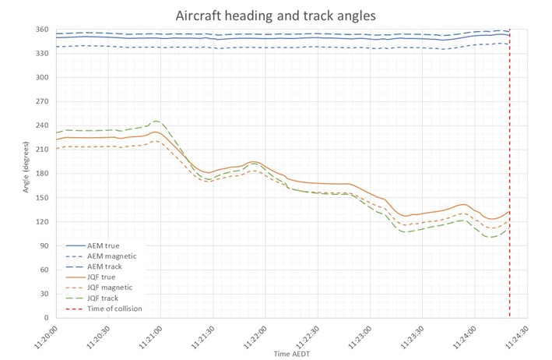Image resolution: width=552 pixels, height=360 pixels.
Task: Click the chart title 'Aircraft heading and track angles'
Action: pos(276,15)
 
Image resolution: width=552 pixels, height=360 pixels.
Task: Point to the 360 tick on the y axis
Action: pos(42,30)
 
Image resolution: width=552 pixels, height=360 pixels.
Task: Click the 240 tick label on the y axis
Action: pos(42,125)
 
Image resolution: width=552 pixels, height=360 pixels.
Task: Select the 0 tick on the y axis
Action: pos(47,318)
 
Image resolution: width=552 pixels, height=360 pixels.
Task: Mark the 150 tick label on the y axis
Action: pos(42,198)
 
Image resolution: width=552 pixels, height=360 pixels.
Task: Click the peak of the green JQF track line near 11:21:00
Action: pos(156,121)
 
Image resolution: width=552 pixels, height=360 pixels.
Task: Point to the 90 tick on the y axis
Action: pos(44,246)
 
